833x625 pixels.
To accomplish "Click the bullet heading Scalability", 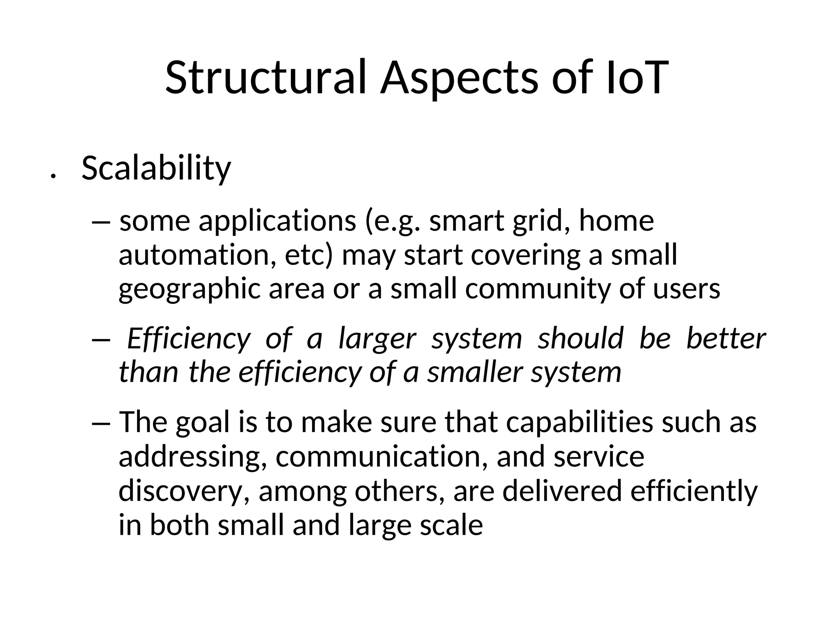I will tap(156, 168).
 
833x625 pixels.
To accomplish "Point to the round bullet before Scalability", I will tap(52, 176).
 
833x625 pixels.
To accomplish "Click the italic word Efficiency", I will tap(189, 339).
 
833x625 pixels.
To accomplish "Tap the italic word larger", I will tap(377, 339).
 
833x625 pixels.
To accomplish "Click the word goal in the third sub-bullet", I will tap(203, 422).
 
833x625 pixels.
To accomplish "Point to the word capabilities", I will tap(580, 422).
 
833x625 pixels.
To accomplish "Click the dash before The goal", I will tap(101, 423).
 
